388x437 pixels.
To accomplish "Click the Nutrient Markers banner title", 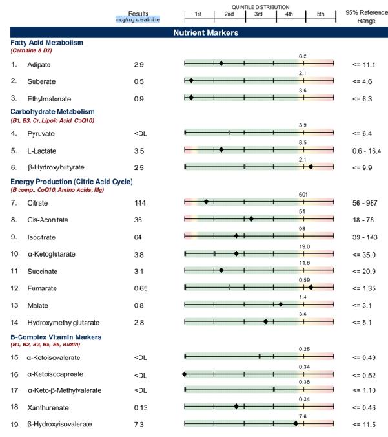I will click(x=205, y=32).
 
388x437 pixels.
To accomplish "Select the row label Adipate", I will click(x=38, y=65).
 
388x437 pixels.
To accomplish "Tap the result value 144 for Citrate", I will click(x=139, y=203).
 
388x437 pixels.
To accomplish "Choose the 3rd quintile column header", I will click(x=258, y=14).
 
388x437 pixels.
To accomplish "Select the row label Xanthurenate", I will click(x=48, y=408).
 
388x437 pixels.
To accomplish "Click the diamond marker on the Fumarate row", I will click(x=311, y=287).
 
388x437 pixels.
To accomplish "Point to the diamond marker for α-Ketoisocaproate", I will click(x=185, y=374).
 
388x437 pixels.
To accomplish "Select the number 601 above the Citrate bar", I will click(x=303, y=194).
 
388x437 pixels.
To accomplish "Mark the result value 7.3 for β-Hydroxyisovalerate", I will click(x=138, y=424).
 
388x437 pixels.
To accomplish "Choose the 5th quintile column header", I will click(x=320, y=14).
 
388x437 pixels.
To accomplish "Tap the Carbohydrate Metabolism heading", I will click(x=53, y=112).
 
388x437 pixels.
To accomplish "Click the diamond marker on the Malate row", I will click(x=281, y=304).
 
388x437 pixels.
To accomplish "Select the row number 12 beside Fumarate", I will click(x=14, y=288).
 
